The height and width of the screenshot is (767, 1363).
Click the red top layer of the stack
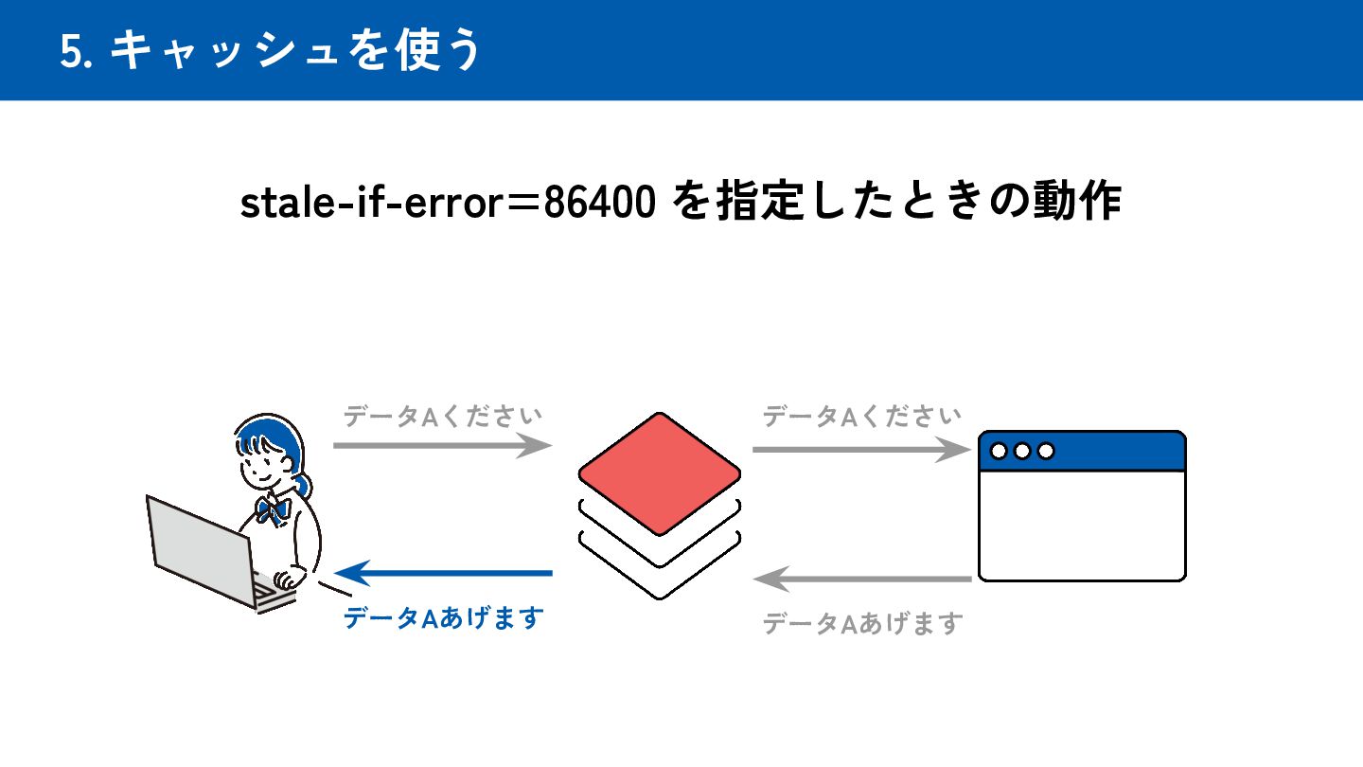tap(659, 473)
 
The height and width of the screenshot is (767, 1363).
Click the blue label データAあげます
tap(443, 618)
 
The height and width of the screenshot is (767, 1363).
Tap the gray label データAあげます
tap(862, 623)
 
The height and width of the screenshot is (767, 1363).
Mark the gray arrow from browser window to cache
tap(862, 578)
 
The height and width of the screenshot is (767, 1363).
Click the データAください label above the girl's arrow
tap(443, 416)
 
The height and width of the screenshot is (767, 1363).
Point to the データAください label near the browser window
tap(862, 416)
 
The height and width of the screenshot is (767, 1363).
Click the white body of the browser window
tap(1082, 525)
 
